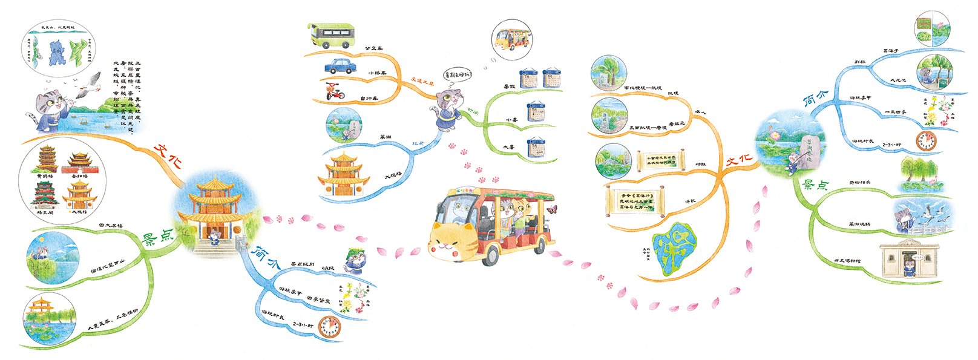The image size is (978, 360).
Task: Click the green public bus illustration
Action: point(330,35)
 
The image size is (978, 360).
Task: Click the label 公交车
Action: point(373,48)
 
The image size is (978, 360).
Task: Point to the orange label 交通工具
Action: point(422,80)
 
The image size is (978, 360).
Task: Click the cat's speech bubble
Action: point(458,76)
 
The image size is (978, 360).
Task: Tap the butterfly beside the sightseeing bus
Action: point(551,209)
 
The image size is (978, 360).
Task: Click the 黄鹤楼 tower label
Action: point(44,176)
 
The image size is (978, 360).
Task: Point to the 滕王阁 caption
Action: point(45,212)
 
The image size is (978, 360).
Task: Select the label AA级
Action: point(327,267)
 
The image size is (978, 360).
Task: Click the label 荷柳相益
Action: point(859,182)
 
